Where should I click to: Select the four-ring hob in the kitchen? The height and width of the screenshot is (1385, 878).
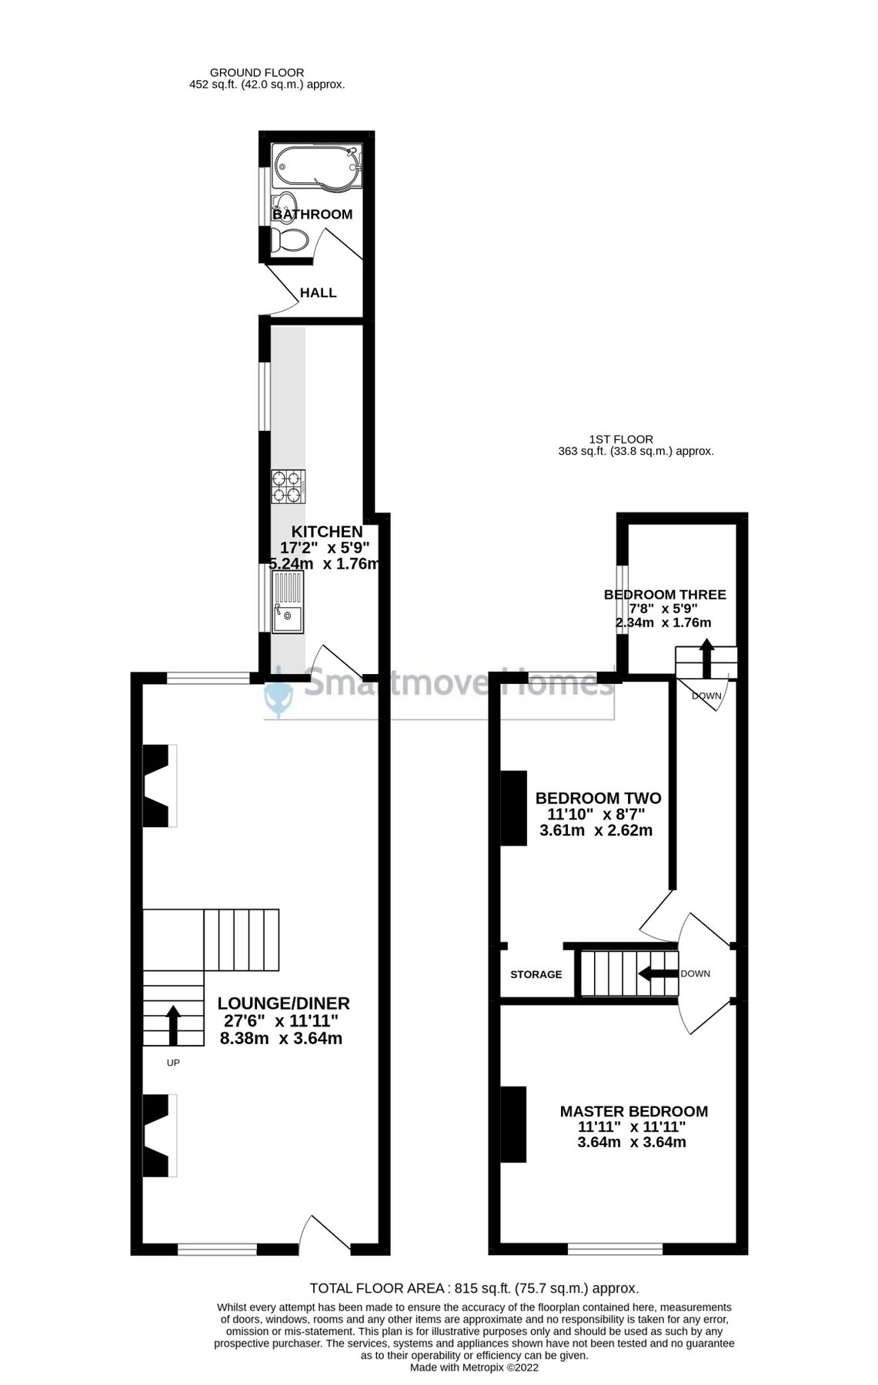coord(288,487)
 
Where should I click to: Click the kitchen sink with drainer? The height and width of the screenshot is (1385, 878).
coord(288,601)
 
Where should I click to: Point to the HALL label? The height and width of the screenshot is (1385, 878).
coord(318,293)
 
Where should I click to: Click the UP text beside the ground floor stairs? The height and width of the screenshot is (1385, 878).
coord(173,1063)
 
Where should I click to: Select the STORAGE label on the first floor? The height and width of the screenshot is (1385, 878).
coord(536,974)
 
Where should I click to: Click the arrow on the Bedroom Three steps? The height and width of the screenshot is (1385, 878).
coord(706,656)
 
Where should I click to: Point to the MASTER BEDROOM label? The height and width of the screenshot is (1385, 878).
coord(633,1111)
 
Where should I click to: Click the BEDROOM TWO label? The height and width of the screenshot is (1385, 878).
coord(598,798)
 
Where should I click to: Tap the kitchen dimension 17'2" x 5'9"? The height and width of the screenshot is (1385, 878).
coord(325,548)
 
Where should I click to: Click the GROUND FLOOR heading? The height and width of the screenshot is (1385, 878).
coord(256,72)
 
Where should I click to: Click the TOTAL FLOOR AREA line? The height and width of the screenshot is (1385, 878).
coord(474,1288)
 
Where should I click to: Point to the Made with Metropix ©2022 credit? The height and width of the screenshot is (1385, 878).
coord(474,1367)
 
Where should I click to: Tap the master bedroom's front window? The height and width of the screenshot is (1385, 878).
coord(615,1248)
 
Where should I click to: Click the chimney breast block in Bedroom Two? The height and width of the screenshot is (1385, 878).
coord(514,808)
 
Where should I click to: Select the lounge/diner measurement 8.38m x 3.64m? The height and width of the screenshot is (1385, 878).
coord(281,1039)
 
